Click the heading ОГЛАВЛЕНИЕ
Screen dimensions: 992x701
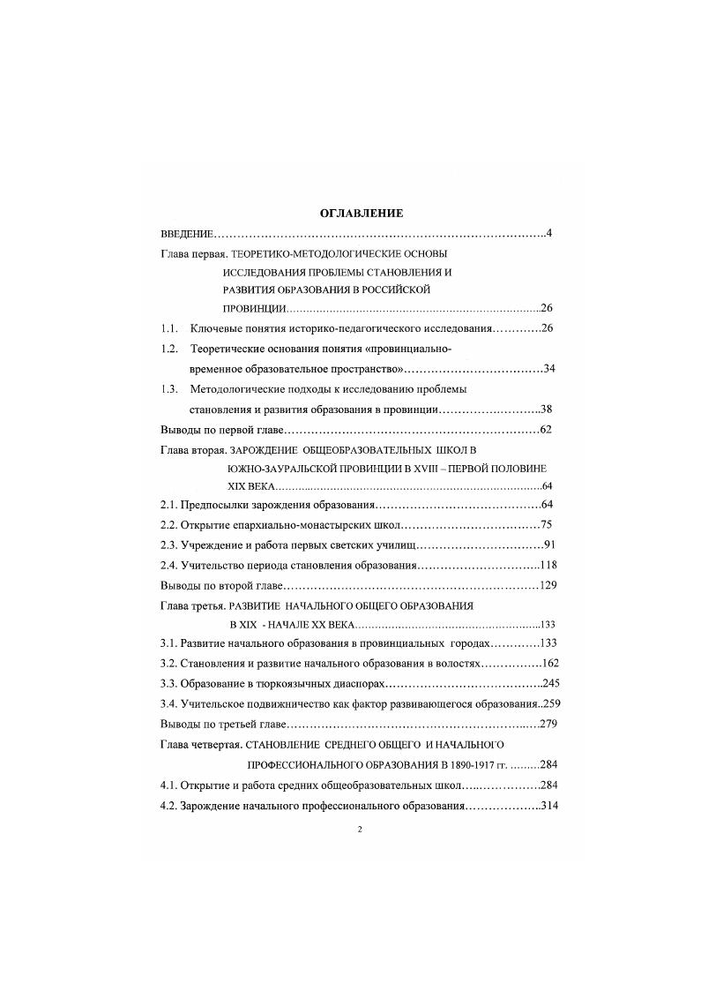(x=361, y=214)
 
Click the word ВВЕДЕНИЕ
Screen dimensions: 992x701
(x=188, y=234)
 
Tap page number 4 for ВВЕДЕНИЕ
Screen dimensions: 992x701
(x=548, y=234)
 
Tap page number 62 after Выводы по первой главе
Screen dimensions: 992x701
(x=547, y=430)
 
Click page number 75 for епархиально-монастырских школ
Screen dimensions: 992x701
(x=547, y=525)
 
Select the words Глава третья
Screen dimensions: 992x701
(x=190, y=606)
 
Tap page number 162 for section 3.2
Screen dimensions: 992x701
(x=551, y=663)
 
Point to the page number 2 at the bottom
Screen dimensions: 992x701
(x=361, y=830)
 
